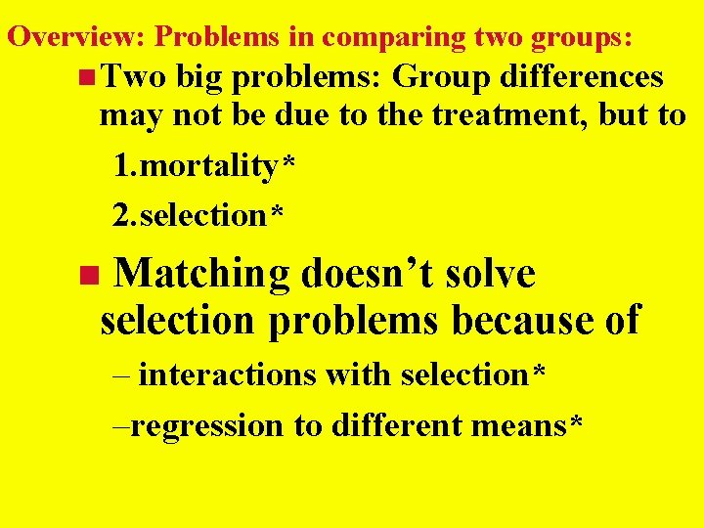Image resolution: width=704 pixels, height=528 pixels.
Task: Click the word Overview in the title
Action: tap(74, 37)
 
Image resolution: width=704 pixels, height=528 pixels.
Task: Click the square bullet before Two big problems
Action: tap(89, 76)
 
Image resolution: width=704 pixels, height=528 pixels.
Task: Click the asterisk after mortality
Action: tap(287, 162)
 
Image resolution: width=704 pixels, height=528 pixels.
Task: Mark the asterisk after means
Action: tap(576, 421)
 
